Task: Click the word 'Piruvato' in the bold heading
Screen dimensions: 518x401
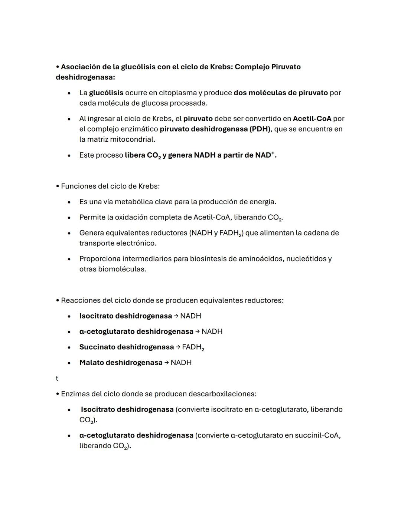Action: [286, 67]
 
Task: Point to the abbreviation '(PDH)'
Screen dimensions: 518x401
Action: [260, 129]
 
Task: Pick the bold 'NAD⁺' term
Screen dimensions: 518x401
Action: [265, 155]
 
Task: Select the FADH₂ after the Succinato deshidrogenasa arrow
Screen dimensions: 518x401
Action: [193, 347]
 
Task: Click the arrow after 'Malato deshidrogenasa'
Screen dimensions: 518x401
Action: [167, 363]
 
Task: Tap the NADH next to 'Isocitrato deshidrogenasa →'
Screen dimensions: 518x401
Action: [190, 316]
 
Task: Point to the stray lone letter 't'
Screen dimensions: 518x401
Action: [57, 379]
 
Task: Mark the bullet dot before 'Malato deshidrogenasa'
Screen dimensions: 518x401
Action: [69, 363]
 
